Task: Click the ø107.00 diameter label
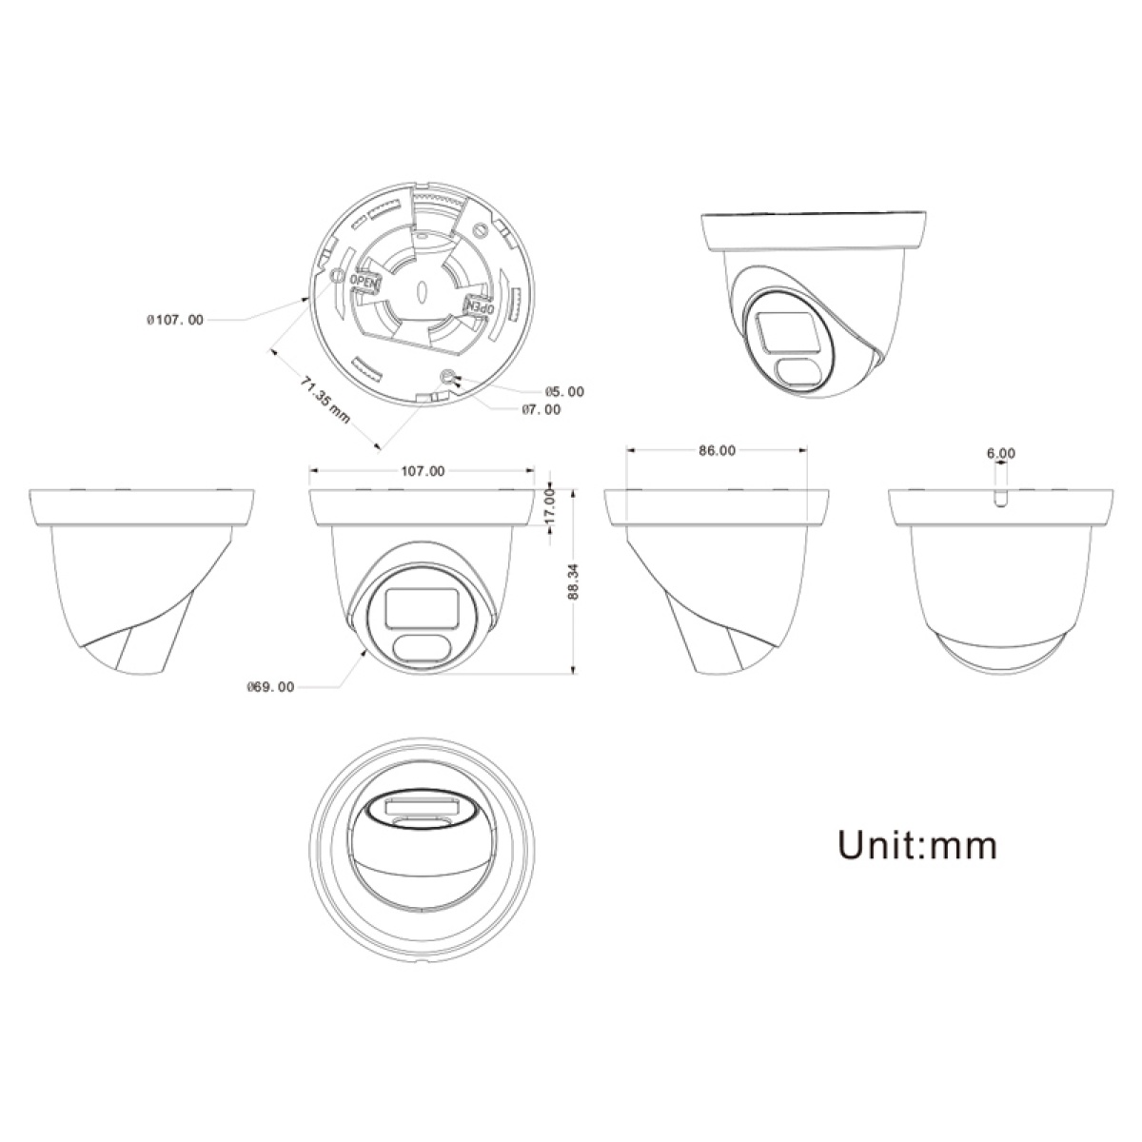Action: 175,321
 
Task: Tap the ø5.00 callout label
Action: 564,391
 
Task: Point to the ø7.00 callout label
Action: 541,409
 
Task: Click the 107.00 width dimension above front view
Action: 423,470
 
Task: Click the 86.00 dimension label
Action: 717,451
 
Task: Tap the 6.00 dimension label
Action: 1001,454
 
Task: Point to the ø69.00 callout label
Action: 270,686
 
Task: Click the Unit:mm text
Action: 917,843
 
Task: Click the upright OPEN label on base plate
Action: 364,282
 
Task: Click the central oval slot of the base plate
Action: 421,290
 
